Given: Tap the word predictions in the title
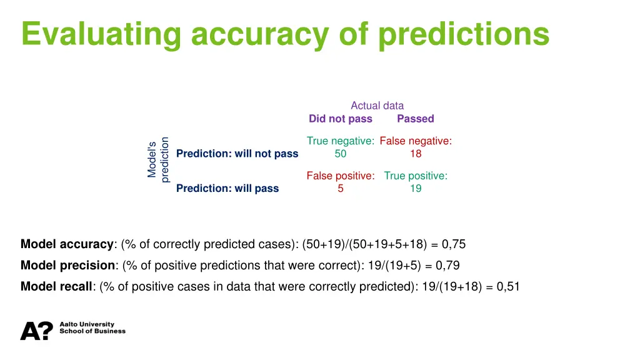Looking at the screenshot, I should (x=464, y=34).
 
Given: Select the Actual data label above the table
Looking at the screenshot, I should (x=377, y=106).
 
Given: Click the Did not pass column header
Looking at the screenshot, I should (x=340, y=119).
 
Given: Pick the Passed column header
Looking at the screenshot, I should (x=415, y=119).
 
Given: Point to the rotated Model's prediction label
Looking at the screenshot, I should (x=158, y=160).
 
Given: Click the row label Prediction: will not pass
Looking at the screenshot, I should (x=237, y=154).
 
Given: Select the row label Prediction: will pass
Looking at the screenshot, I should (x=227, y=188).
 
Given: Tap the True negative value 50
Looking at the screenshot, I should (x=341, y=154).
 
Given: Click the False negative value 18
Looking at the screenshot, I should (x=416, y=154).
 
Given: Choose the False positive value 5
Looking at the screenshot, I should (x=340, y=188).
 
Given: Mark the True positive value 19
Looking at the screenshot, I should (x=416, y=188).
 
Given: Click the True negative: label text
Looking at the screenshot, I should (x=340, y=141).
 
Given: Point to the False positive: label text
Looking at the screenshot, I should (x=340, y=176).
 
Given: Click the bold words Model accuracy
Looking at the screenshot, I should (x=67, y=244).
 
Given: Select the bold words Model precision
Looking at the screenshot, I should (x=67, y=265).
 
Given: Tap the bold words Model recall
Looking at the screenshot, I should (x=56, y=286).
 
